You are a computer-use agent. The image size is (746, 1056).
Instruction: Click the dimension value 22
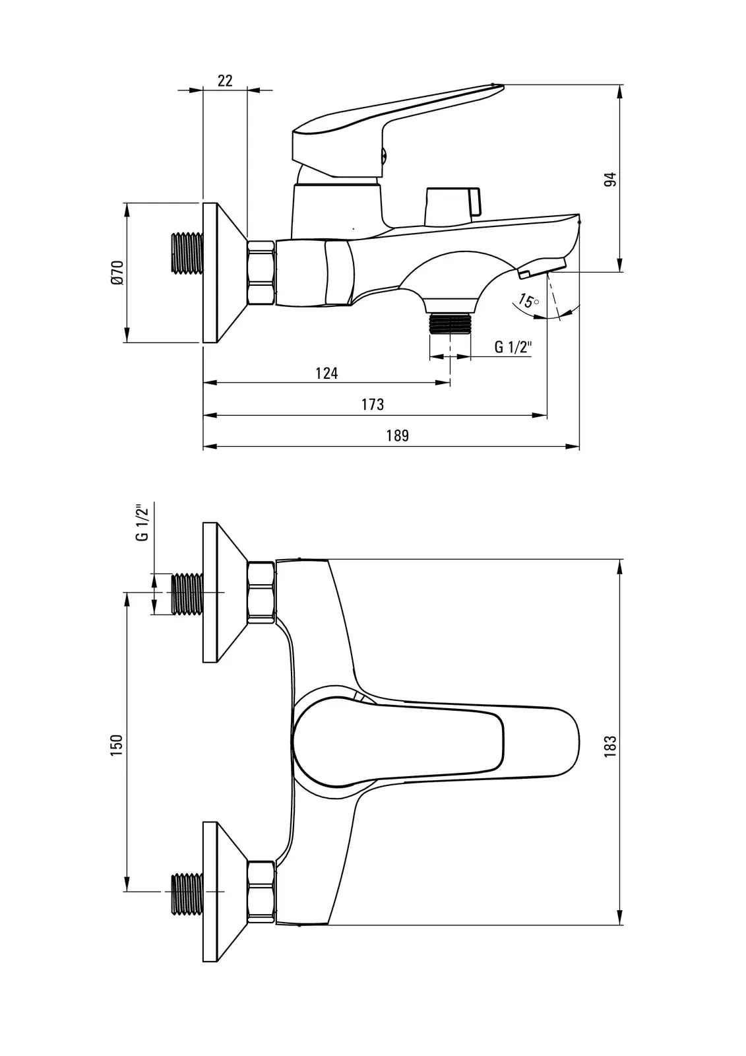[x=225, y=81]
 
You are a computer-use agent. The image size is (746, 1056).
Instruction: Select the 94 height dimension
[x=611, y=180]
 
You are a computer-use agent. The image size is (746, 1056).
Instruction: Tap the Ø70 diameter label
[x=117, y=273]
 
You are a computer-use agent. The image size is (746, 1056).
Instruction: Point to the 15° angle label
[x=528, y=301]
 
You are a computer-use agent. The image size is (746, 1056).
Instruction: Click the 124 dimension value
[x=326, y=374]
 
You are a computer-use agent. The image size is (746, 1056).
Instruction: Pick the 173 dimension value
[x=373, y=405]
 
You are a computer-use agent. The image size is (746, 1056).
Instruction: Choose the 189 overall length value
[x=398, y=436]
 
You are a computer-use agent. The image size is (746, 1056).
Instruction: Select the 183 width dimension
[x=610, y=744]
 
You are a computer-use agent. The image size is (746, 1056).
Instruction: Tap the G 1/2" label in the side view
[x=513, y=347]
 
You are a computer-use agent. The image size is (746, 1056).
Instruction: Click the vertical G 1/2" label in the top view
[x=140, y=523]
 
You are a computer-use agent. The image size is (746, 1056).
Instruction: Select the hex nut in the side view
[x=261, y=273]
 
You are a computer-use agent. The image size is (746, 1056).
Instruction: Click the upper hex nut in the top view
[x=261, y=592]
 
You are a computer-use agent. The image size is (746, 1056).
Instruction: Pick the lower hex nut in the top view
[x=261, y=892]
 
